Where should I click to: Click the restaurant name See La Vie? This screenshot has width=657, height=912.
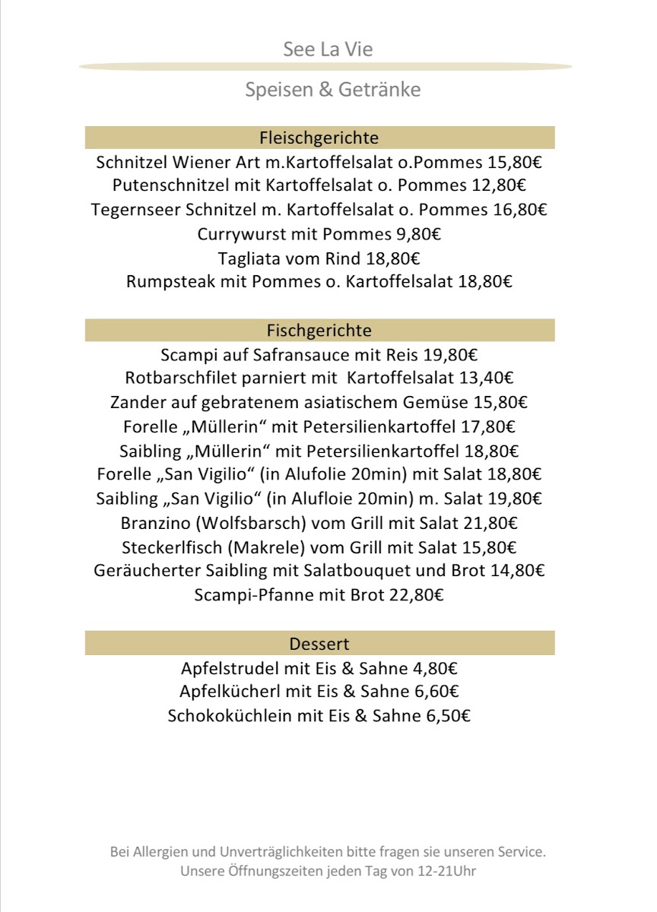coord(328,50)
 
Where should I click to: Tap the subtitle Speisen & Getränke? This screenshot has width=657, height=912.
coord(332,90)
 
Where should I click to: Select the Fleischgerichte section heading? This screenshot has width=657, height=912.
coord(319,138)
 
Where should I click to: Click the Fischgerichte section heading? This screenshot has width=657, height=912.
coord(319,331)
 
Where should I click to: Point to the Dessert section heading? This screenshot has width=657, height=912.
coord(319,644)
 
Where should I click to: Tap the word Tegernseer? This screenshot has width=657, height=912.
coord(135,209)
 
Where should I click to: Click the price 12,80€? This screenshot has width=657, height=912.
coord(497,185)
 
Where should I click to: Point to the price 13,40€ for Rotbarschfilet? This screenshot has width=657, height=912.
coord(486,377)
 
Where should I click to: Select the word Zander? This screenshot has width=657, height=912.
coord(136,401)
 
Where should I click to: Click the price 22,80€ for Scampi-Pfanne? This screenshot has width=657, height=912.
coord(416,595)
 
